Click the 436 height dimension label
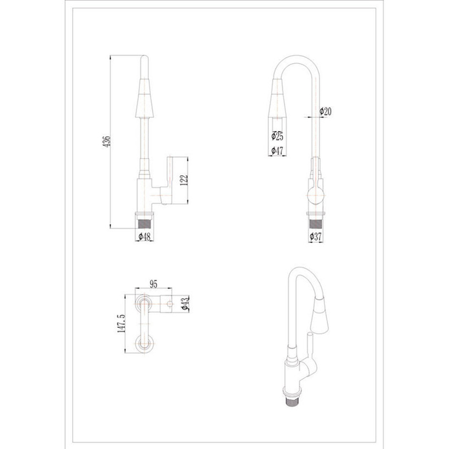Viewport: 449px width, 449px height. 106,142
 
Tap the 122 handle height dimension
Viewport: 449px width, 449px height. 184,180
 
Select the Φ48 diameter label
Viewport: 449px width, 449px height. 144,237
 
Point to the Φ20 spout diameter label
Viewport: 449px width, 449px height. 326,111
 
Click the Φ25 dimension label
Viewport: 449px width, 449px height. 277,136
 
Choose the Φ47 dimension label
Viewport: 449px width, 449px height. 277,150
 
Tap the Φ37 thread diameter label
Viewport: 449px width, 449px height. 316,237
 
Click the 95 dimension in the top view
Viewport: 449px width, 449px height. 154,284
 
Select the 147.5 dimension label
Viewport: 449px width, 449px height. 121,323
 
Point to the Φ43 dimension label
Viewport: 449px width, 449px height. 185,304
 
